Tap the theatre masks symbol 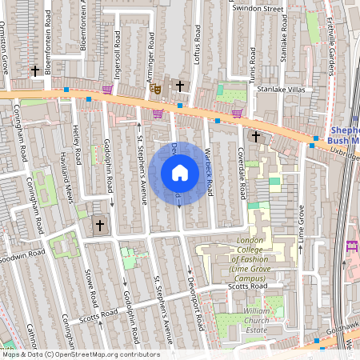click(x=154, y=87)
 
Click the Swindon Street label click(x=258, y=9)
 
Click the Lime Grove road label click(x=302, y=226)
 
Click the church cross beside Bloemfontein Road click(x=35, y=71)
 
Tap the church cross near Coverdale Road click(x=255, y=136)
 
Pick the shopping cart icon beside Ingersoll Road click(x=107, y=90)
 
